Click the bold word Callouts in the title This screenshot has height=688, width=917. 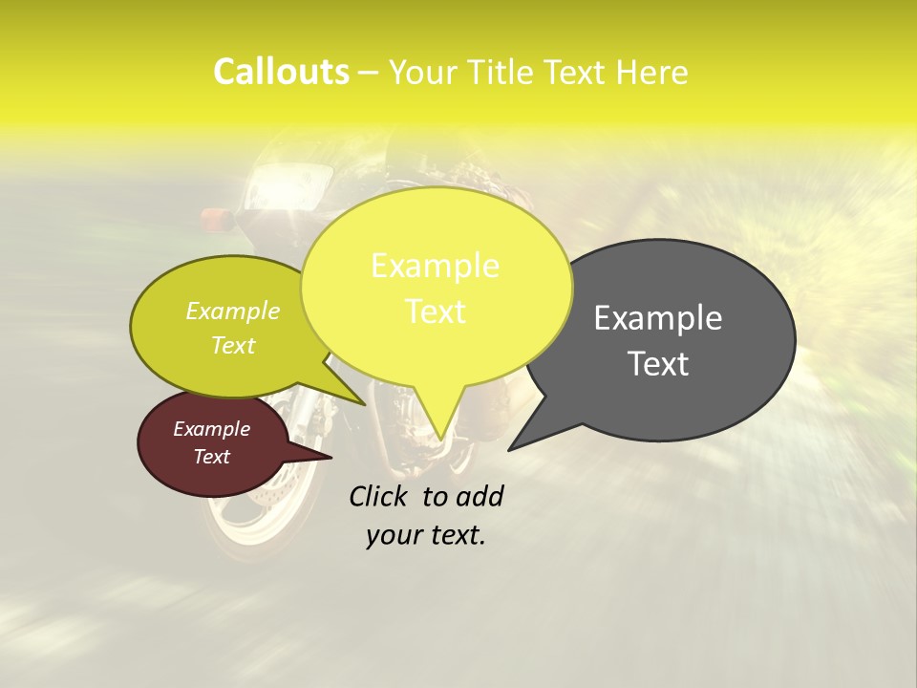point(281,72)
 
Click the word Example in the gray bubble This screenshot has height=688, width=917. point(658,318)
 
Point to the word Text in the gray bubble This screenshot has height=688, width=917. point(658,364)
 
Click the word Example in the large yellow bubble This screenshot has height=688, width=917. point(435,266)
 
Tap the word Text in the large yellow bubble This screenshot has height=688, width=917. point(435,312)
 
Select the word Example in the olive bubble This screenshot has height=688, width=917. point(233,311)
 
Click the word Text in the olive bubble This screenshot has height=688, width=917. point(233,345)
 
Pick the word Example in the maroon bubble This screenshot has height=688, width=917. point(212,429)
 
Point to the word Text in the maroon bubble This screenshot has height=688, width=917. point(212,457)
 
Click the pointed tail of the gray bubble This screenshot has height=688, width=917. point(521,440)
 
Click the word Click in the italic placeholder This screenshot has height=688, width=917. point(381,496)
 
